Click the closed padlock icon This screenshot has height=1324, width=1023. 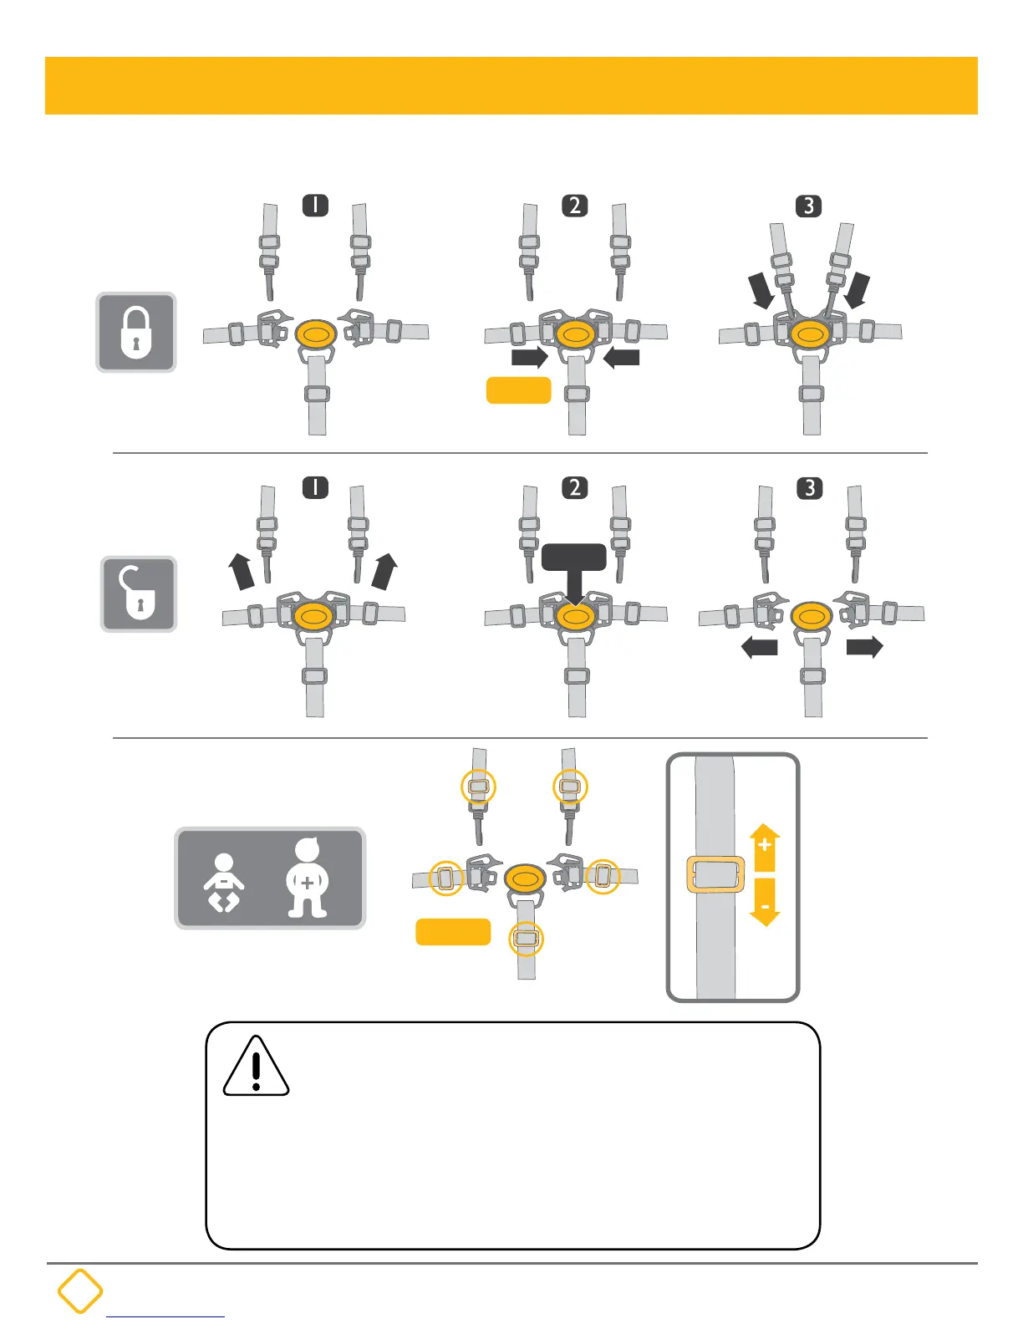(136, 332)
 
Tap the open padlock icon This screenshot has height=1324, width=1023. (139, 593)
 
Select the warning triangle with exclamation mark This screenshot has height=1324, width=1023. (256, 1067)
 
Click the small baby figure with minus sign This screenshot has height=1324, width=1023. (223, 883)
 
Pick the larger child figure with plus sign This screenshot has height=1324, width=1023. (308, 878)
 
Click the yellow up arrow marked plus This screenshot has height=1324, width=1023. (765, 848)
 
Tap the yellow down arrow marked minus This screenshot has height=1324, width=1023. (765, 902)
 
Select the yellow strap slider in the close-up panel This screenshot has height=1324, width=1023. (715, 874)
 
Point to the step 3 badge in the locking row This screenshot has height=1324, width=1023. (808, 206)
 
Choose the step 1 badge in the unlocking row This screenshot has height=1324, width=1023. (315, 487)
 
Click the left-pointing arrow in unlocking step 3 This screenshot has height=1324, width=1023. (760, 647)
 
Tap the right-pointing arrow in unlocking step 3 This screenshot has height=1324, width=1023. (864, 647)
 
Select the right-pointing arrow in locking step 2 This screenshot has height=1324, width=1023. (530, 358)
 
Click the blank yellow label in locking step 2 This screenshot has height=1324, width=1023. (518, 390)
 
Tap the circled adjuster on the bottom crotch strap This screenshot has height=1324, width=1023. (526, 939)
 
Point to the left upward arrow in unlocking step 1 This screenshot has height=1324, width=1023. (242, 571)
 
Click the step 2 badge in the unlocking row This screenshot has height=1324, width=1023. (574, 487)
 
